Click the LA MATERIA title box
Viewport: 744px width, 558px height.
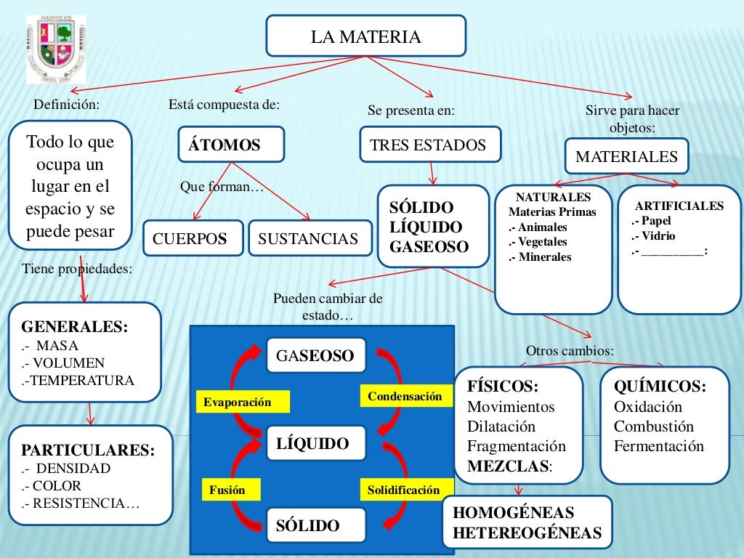pos(365,36)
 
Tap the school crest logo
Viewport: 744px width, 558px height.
pos(56,49)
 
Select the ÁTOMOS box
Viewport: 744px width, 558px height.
pos(230,145)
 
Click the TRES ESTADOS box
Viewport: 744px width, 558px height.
pos(430,145)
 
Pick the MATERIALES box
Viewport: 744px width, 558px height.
pos(626,156)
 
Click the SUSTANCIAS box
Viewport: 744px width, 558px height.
pos(308,238)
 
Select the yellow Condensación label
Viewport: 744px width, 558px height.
pos(405,397)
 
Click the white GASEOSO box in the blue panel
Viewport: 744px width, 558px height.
pos(315,355)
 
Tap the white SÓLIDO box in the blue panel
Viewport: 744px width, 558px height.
pos(308,525)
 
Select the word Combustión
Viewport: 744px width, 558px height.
pos(653,426)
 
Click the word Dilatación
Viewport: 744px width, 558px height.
pos(501,426)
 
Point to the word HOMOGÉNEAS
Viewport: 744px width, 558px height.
pos(513,512)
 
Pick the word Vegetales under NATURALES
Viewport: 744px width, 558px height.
pos(540,242)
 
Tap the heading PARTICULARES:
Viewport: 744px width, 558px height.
pos(88,450)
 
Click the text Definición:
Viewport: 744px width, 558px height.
pos(66,105)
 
